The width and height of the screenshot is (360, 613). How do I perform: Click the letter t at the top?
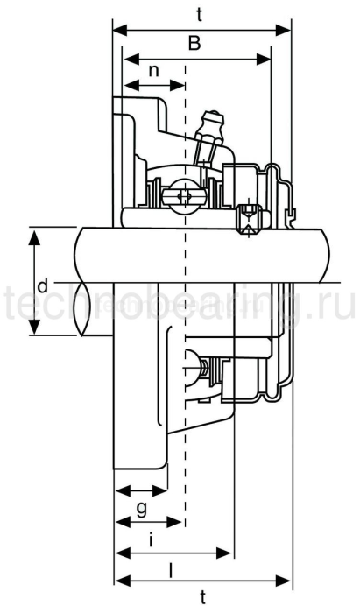[x=201, y=14]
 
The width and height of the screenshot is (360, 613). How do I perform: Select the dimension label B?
[x=195, y=43]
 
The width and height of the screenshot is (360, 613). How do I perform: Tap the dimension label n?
[x=154, y=71]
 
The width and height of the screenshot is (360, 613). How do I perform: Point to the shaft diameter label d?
[x=41, y=285]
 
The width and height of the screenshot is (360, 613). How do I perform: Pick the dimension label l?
[x=170, y=567]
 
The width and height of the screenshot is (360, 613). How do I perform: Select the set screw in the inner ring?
[x=249, y=216]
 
